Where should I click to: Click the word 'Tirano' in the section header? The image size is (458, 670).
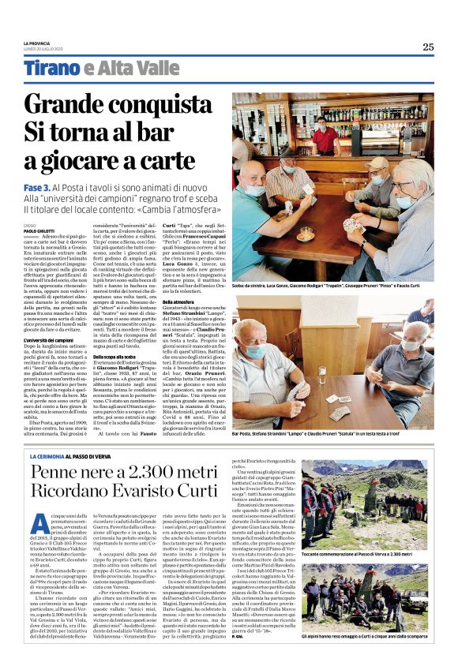click(x=52, y=69)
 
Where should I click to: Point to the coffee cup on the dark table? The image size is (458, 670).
click(x=305, y=233)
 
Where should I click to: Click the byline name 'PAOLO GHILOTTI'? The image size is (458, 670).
click(x=40, y=232)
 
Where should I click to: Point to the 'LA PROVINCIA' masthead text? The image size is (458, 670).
click(x=36, y=43)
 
